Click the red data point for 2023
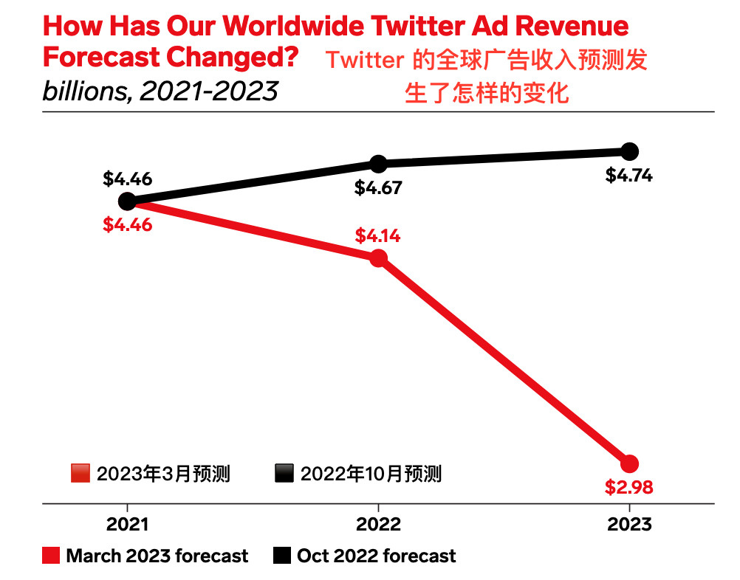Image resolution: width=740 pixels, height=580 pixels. [x=629, y=464]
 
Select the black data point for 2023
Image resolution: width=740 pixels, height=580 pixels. [x=629, y=151]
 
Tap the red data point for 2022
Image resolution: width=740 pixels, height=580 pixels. [x=378, y=258]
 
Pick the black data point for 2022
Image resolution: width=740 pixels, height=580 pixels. [x=378, y=163]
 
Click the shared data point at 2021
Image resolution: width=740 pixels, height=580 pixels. [x=127, y=201]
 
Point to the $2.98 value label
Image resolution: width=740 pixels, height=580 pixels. [x=629, y=488]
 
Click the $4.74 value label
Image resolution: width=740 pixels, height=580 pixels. [x=629, y=176]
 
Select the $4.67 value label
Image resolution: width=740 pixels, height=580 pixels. [x=378, y=187]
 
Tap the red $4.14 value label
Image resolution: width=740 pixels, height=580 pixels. [x=378, y=236]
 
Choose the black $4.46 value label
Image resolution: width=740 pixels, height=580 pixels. [x=127, y=179]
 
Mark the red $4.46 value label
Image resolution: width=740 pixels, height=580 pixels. [x=127, y=224]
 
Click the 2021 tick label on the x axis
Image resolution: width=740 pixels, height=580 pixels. [x=127, y=525]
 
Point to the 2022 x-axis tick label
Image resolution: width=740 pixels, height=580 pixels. [x=378, y=525]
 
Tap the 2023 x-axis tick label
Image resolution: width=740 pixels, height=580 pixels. [x=629, y=525]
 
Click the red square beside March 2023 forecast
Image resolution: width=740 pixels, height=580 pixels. [x=50, y=556]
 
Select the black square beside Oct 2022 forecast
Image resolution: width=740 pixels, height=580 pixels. [x=281, y=556]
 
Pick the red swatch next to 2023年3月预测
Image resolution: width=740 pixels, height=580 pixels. [x=80, y=473]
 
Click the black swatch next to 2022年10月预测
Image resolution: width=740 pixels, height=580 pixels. [x=284, y=473]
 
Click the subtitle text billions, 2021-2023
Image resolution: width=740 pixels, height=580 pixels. [x=160, y=92]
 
